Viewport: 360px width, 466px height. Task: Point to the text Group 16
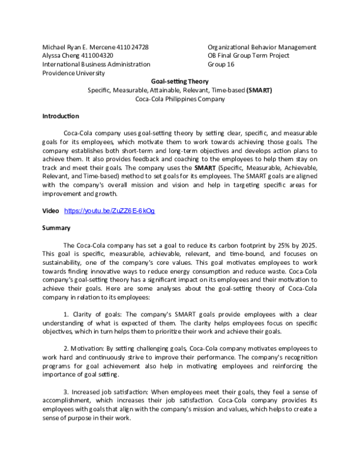tap(221, 64)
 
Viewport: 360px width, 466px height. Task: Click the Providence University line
tap(73, 73)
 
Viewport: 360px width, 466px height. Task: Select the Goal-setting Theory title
tap(180, 82)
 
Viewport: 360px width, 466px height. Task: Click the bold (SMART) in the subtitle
tap(259, 90)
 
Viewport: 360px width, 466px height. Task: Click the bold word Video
tap(50, 211)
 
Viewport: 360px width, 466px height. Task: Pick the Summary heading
tap(56, 228)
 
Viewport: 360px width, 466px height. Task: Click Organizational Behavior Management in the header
tap(262, 47)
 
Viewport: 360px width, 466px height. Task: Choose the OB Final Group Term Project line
tap(248, 55)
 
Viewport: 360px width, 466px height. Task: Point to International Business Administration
tap(96, 64)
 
